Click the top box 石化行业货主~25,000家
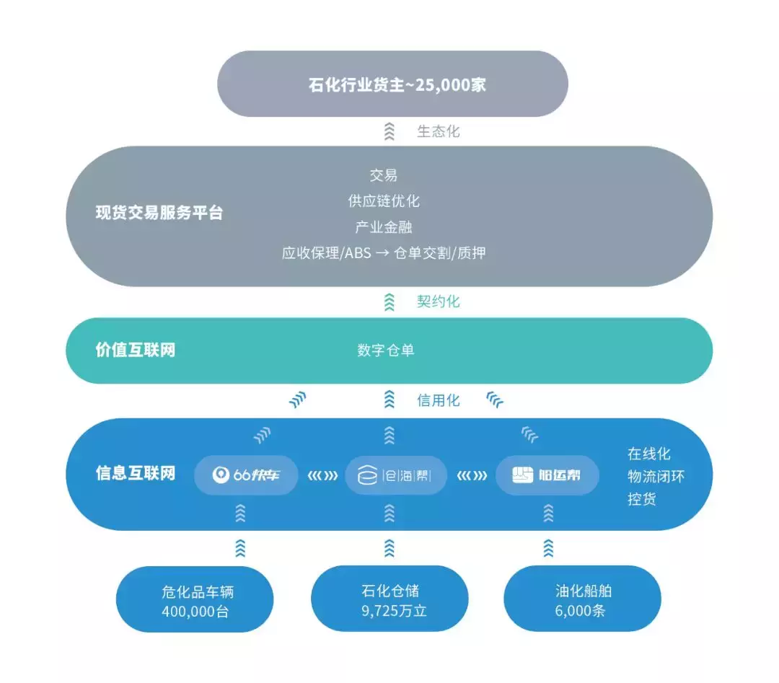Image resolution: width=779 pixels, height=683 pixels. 393,84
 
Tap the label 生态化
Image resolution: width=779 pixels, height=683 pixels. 438,132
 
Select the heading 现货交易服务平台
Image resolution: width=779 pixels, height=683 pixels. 159,213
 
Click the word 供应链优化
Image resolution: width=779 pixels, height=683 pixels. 384,201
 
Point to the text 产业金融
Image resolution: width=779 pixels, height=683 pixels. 384,227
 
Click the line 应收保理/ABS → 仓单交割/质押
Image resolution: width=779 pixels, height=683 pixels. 384,253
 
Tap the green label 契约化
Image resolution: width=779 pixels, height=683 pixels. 438,301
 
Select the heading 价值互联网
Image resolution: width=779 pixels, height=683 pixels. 136,351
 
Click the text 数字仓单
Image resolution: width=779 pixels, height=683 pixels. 386,351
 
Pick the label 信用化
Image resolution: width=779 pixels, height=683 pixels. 438,400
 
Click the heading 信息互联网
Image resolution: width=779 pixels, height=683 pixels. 136,474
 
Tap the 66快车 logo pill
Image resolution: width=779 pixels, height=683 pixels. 246,475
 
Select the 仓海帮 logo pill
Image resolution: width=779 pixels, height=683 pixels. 396,475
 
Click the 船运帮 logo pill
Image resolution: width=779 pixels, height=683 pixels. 547,475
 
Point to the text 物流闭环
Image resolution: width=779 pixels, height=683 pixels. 656,476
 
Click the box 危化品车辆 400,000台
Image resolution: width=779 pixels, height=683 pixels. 195,602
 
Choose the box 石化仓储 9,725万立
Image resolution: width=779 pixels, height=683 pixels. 389,601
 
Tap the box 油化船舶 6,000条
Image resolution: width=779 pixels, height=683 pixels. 583,601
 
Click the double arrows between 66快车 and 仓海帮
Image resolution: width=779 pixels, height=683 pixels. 322,475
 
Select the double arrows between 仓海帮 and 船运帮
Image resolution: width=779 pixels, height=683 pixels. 472,475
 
